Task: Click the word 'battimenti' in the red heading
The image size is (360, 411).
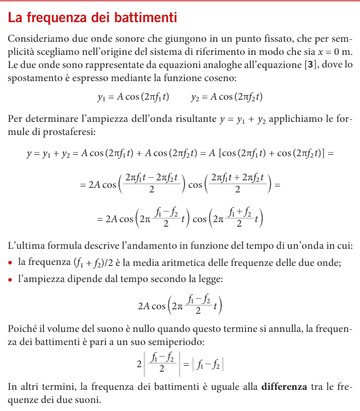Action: point(147,19)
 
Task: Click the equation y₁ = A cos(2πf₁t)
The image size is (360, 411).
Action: point(133,97)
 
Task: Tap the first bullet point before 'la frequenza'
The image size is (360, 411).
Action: point(11,263)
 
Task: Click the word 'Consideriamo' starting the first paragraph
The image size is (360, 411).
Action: point(36,38)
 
